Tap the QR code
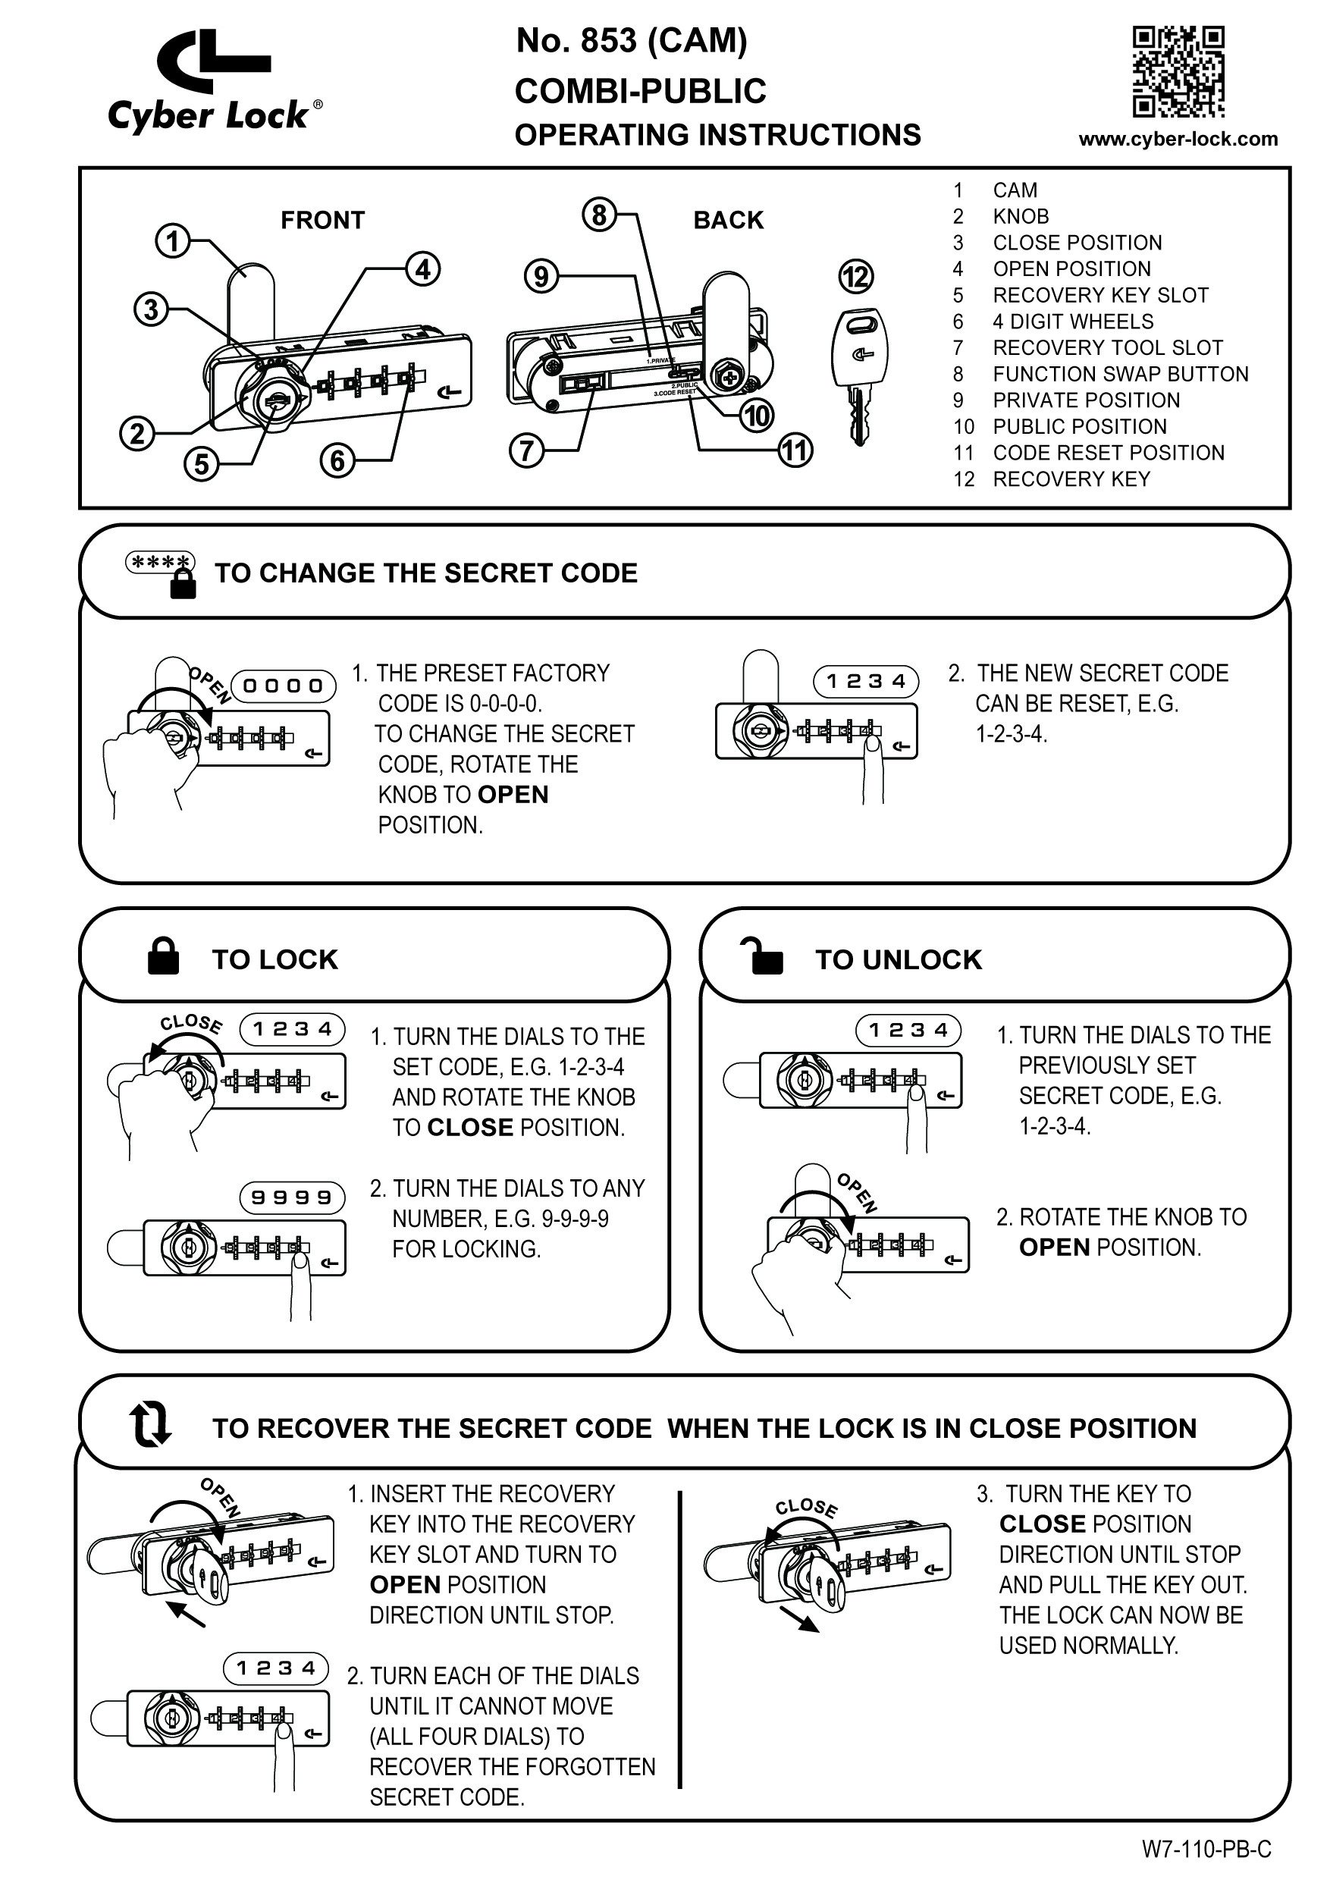[1178, 72]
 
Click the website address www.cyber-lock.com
[1178, 140]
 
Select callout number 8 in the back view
[599, 215]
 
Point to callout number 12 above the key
[856, 277]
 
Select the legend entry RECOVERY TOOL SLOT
[1107, 348]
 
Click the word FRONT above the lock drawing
[322, 221]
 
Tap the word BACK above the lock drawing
[728, 221]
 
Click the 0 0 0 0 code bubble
[284, 686]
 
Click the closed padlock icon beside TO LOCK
[163, 956]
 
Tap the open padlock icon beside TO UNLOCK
[761, 956]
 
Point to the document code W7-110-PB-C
[1206, 1849]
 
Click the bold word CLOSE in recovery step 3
[1041, 1524]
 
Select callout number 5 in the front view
[201, 464]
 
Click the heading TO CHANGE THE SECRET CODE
[426, 573]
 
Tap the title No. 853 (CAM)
[632, 42]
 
